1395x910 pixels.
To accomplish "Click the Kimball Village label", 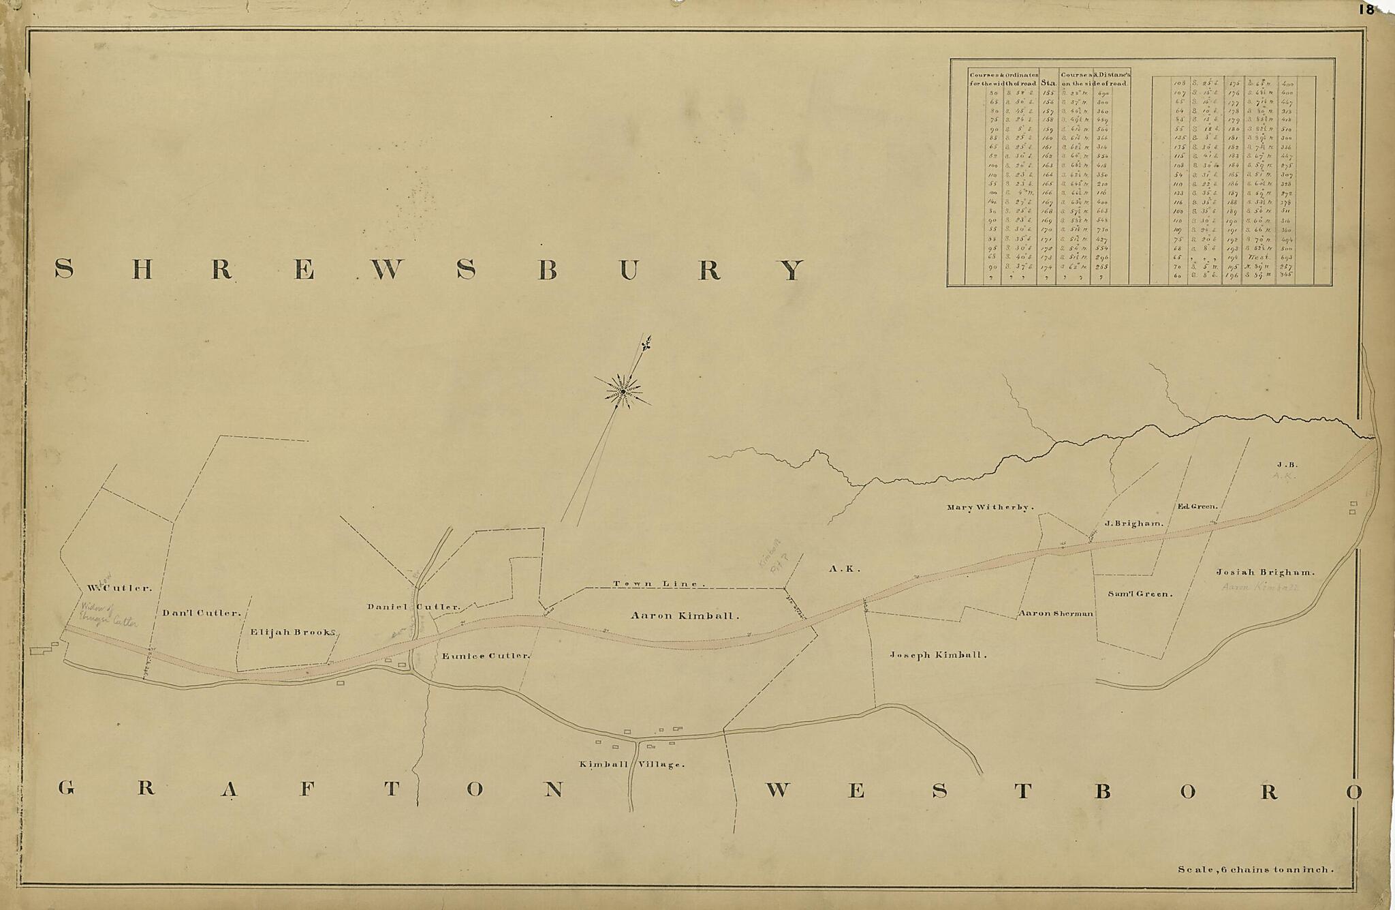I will tap(631, 764).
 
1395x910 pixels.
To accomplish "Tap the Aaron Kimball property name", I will tap(685, 616).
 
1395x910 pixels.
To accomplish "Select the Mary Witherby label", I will tap(990, 507).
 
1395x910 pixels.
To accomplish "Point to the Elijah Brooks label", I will tap(294, 632).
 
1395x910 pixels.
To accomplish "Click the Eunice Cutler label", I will tap(485, 656).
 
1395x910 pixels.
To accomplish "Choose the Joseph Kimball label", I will tap(937, 654).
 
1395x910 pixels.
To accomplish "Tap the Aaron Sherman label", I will tap(1055, 613).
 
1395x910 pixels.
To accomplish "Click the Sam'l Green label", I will tap(1140, 594).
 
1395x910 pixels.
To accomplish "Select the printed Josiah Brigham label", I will tap(1265, 573).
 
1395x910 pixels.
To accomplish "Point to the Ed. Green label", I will tap(1197, 506).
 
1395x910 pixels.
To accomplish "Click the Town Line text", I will tap(655, 583).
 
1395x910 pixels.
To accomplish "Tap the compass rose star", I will tap(623, 391).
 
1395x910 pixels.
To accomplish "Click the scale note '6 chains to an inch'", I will tap(1255, 869).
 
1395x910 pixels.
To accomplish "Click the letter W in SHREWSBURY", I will tap(385, 271).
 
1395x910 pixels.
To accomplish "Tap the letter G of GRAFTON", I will tap(65, 789).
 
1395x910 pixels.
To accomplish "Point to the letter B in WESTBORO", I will tap(1103, 791).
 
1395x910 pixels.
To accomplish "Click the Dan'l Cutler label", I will tap(201, 613).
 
